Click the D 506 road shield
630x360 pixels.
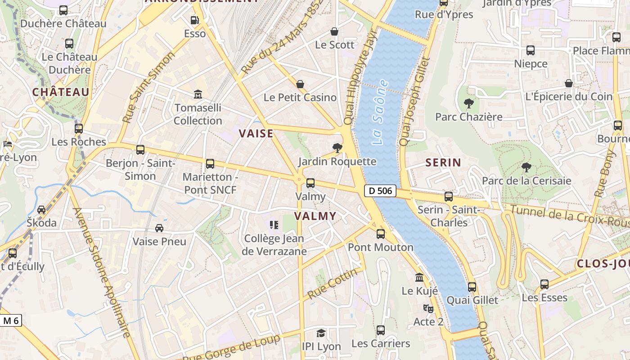click(x=380, y=191)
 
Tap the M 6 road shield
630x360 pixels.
click(x=10, y=320)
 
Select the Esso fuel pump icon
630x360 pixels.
click(x=194, y=20)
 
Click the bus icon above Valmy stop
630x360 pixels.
click(x=310, y=183)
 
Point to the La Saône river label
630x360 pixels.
click(x=380, y=112)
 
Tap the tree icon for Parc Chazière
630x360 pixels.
click(x=468, y=103)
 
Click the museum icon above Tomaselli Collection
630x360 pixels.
click(x=198, y=94)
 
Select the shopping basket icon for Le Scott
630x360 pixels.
click(x=334, y=31)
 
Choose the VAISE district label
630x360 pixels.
click(x=256, y=133)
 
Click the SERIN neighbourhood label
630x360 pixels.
click(x=443, y=162)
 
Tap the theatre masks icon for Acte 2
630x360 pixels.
click(x=428, y=309)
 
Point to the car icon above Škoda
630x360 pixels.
click(x=41, y=210)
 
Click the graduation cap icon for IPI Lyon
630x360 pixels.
click(x=321, y=333)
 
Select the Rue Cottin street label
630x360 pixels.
click(x=333, y=283)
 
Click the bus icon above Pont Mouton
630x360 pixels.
click(x=381, y=234)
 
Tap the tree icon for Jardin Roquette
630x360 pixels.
click(x=337, y=148)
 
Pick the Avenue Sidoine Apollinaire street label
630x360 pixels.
click(x=101, y=272)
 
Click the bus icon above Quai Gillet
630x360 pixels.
click(x=472, y=287)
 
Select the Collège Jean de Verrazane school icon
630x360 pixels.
click(x=274, y=225)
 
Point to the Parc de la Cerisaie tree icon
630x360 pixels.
click(x=526, y=168)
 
